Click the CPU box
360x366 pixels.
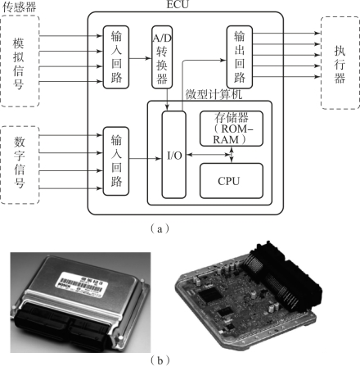coord(232,181)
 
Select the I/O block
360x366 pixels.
coord(174,155)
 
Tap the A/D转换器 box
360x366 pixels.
coord(162,57)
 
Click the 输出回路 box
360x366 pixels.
coord(240,57)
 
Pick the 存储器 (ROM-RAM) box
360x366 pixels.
coord(232,129)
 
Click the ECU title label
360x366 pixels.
coord(178,4)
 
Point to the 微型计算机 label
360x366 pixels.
coord(214,94)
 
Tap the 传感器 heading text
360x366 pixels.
coord(19,7)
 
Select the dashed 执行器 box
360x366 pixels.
coord(340,63)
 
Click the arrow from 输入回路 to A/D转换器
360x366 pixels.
coord(140,58)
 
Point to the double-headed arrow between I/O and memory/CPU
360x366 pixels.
coord(209,155)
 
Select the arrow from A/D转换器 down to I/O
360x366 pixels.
coord(167,100)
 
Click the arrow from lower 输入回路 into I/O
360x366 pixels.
coord(146,158)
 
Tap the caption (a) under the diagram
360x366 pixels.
coord(160,228)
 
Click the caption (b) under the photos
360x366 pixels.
coord(160,360)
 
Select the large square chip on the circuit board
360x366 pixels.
coord(209,295)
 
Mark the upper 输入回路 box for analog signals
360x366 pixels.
coord(116,57)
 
